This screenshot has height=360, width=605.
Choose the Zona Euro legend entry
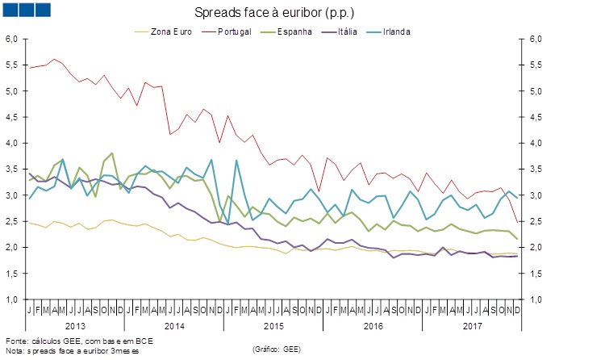(174, 31)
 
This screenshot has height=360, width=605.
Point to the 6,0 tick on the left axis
(12, 39)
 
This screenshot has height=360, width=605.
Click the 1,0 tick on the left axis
(12, 299)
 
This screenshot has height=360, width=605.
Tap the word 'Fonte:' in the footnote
(17, 341)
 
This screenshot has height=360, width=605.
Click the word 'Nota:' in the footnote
(15, 351)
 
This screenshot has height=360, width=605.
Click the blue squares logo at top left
(27, 10)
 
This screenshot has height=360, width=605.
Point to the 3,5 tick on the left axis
(12, 169)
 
